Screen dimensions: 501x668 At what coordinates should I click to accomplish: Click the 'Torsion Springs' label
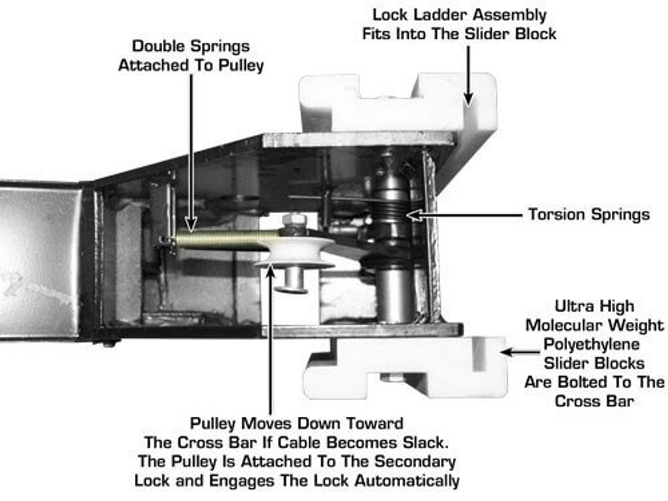[589, 214]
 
